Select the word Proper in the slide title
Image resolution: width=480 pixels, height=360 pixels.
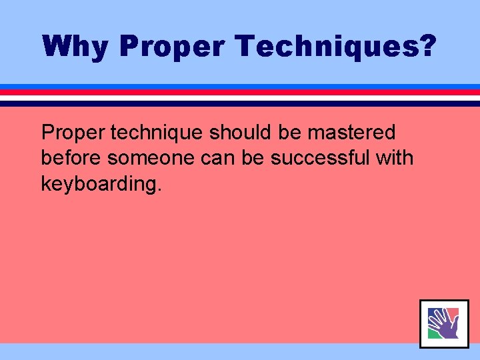coord(175,46)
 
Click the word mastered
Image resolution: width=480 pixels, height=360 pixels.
coord(351,133)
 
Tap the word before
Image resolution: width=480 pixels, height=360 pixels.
coord(71,159)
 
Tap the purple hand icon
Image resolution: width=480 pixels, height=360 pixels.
coord(443,324)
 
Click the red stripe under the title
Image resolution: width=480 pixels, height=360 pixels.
coord(240,92)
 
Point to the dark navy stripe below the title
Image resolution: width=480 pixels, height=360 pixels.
coord(240,103)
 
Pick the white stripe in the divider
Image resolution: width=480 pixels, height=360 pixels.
coord(240,97)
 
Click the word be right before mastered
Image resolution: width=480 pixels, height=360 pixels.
coord(290,133)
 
